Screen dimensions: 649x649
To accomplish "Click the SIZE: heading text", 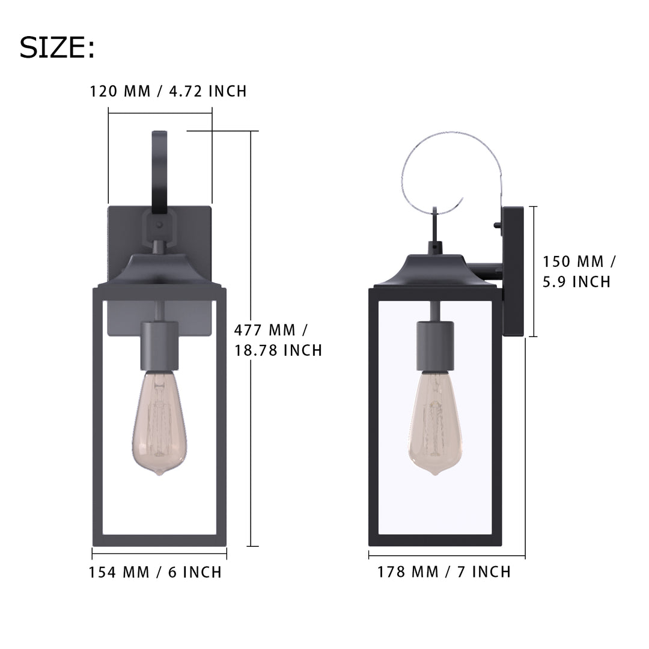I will (x=57, y=47).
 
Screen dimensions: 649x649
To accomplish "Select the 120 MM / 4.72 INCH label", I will (x=168, y=91).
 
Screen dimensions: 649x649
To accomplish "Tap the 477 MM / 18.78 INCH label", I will (x=278, y=340).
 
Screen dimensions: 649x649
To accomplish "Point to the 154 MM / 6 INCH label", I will (x=156, y=572).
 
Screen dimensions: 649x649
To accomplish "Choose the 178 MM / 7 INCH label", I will (x=444, y=571).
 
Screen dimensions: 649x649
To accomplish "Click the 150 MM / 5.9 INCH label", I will (x=579, y=271).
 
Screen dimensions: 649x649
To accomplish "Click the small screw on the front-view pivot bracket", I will (x=159, y=224).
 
